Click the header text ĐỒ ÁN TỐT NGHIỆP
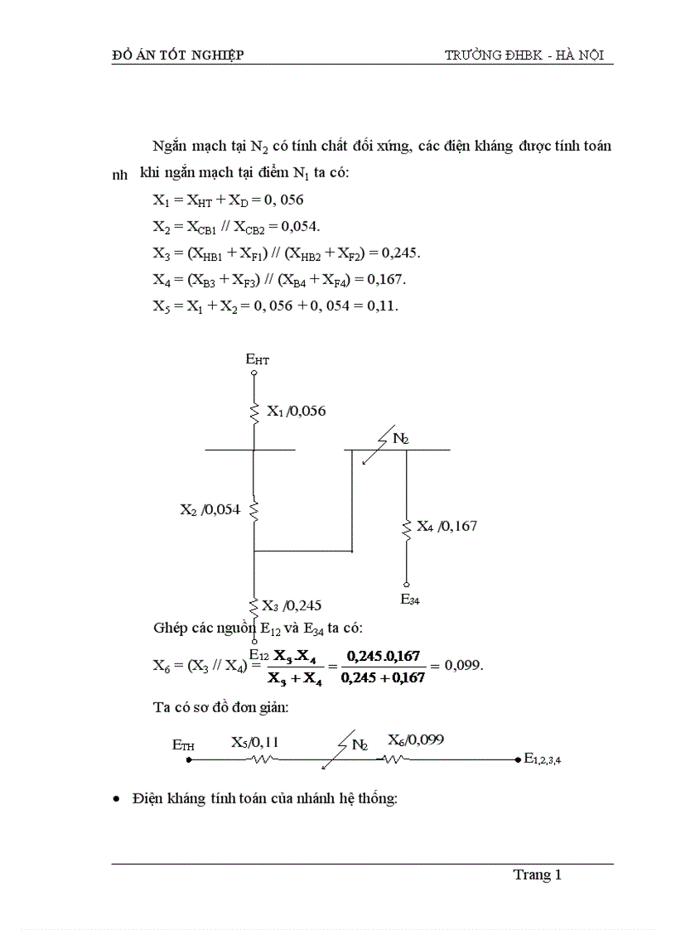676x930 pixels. coord(177,55)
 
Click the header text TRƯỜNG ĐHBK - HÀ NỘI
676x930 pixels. coord(524,55)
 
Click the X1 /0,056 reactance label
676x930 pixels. coord(296,411)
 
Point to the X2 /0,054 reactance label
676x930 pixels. coord(210,510)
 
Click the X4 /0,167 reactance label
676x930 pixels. coord(447,526)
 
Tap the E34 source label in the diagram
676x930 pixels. coord(409,600)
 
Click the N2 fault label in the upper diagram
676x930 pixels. coord(400,439)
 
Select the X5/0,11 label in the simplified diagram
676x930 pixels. coord(254,742)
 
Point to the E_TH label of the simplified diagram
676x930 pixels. coord(183,745)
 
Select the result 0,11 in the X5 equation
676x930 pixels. coord(383,306)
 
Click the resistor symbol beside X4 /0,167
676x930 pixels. coord(407,528)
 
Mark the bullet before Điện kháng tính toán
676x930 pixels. coord(117,799)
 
